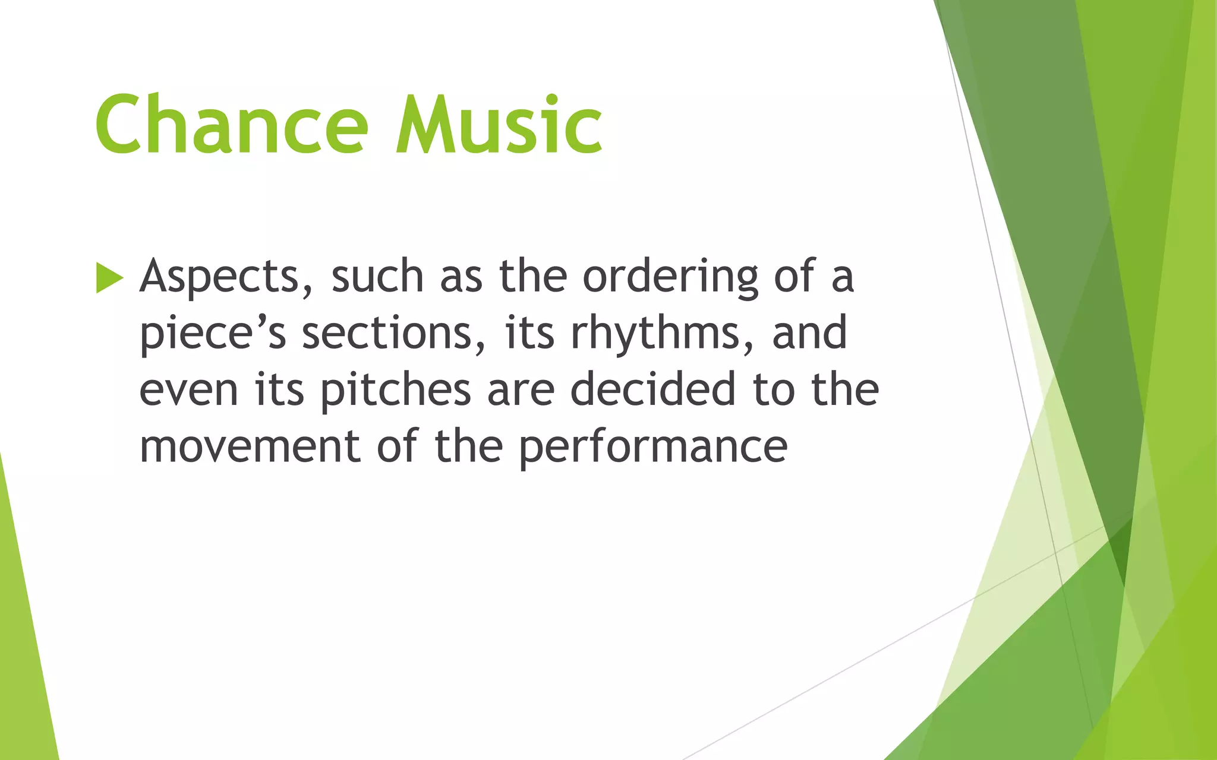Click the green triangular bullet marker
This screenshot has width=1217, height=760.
coord(109,278)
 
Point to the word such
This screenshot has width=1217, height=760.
coord(377,277)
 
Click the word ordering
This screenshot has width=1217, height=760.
coord(670,277)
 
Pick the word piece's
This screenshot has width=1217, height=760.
coord(213,334)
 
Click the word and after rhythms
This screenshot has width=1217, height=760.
coord(809,334)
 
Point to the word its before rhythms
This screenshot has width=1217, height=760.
coord(530,334)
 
